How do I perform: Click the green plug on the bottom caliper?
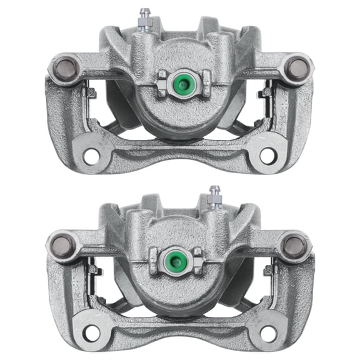(176, 258)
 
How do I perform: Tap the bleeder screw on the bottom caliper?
(214, 196)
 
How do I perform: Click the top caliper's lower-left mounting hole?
(91, 156)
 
